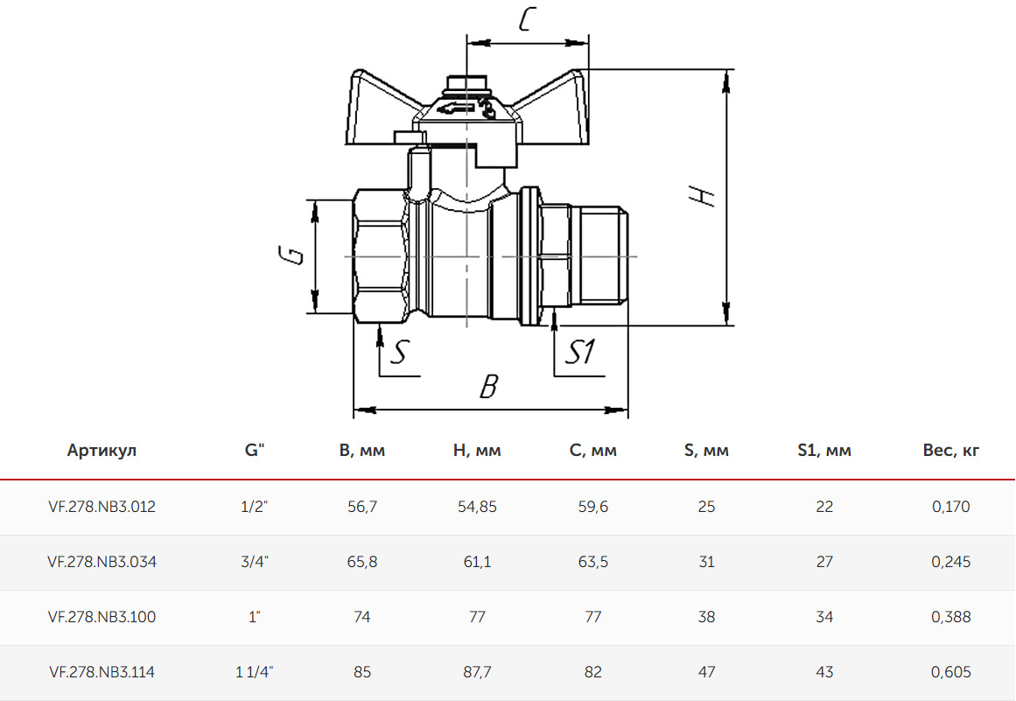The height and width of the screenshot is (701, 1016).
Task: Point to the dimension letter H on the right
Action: (x=703, y=195)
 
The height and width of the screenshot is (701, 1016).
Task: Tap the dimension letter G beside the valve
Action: (x=291, y=255)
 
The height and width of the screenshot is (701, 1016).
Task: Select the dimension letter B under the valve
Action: (x=489, y=386)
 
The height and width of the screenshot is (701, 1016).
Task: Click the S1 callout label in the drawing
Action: (x=580, y=353)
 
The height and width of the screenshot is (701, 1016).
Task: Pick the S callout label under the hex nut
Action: (x=400, y=352)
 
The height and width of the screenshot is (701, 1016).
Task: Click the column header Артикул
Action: (x=102, y=451)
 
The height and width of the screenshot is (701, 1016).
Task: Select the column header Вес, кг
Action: (x=950, y=451)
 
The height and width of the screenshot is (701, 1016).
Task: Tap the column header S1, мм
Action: (x=824, y=451)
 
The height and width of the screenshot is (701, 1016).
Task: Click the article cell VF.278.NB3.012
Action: (x=102, y=507)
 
